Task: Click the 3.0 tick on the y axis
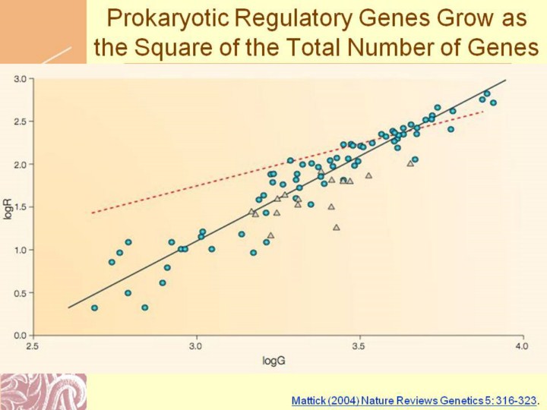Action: pyautogui.click(x=21, y=78)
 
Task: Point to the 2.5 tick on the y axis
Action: pyautogui.click(x=21, y=121)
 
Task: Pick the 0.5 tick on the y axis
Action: pyautogui.click(x=21, y=292)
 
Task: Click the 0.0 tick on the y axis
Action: pyautogui.click(x=21, y=335)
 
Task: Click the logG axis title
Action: pyautogui.click(x=273, y=361)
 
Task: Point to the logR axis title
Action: pyautogui.click(x=9, y=207)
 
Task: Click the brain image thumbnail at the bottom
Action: pyautogui.click(x=43, y=391)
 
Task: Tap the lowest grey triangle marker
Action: pyautogui.click(x=337, y=227)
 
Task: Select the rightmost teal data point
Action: pyautogui.click(x=493, y=102)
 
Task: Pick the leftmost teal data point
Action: pyautogui.click(x=94, y=307)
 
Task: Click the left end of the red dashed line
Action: pyautogui.click(x=92, y=213)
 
